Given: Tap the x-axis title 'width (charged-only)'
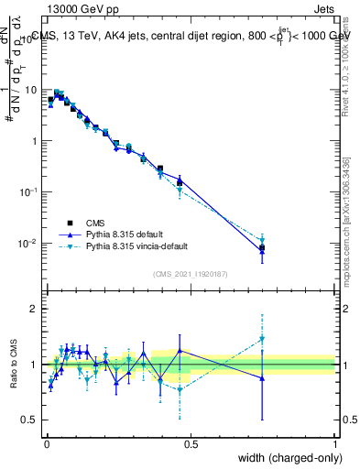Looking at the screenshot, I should (x=286, y=458).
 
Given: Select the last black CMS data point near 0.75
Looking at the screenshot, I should (x=262, y=248).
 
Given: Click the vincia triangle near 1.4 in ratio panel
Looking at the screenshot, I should (x=262, y=338).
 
